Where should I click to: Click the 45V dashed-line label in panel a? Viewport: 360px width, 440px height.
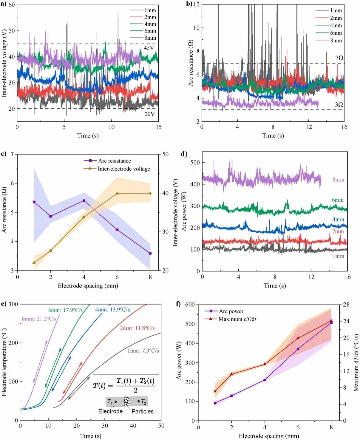pos(149,48)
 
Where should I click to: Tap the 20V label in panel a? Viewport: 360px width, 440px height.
pos(149,114)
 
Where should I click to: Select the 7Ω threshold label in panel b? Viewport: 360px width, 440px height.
pos(339,58)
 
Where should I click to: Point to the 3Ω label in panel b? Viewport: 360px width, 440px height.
pos(339,105)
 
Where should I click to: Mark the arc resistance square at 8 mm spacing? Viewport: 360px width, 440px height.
pos(150,254)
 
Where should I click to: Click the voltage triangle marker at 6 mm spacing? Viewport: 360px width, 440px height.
pos(117,193)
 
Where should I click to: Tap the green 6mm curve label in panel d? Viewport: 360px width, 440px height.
pos(338,200)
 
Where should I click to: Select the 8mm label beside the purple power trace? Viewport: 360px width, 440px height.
pos(338,180)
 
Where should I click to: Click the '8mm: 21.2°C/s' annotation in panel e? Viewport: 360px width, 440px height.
pos(39,319)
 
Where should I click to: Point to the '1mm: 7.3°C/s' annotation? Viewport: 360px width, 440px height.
pos(143,351)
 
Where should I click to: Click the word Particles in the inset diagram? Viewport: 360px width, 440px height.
pos(142,411)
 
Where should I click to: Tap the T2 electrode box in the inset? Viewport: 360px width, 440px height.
pos(139,402)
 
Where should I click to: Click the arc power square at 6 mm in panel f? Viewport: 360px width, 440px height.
pos(298,349)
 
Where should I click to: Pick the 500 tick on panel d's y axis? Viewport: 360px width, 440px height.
pos(195,162)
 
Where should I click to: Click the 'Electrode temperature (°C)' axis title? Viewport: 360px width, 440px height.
pos(4,362)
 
